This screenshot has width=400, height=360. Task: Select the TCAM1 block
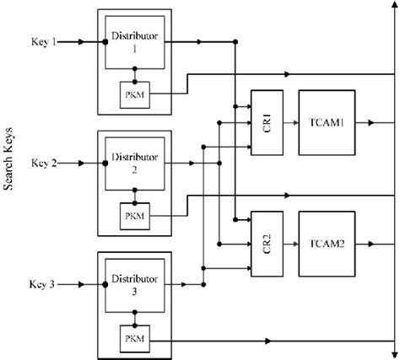tap(325, 123)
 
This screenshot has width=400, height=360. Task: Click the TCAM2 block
tap(325, 245)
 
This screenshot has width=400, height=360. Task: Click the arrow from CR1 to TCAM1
tap(289, 123)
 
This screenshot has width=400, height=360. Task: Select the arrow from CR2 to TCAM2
tap(289, 245)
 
